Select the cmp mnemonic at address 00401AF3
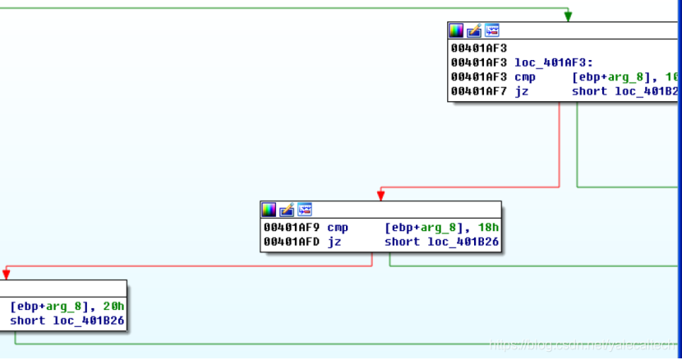525,76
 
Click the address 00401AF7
479,91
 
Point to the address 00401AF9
292,227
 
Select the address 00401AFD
292,242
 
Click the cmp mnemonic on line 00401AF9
338,227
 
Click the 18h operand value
488,227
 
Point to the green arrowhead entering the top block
568,16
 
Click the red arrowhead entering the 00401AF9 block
380,196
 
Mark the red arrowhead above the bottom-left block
6,275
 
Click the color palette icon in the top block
456,30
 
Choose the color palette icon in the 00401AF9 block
269,210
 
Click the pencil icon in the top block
474,30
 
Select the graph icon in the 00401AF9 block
305,210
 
